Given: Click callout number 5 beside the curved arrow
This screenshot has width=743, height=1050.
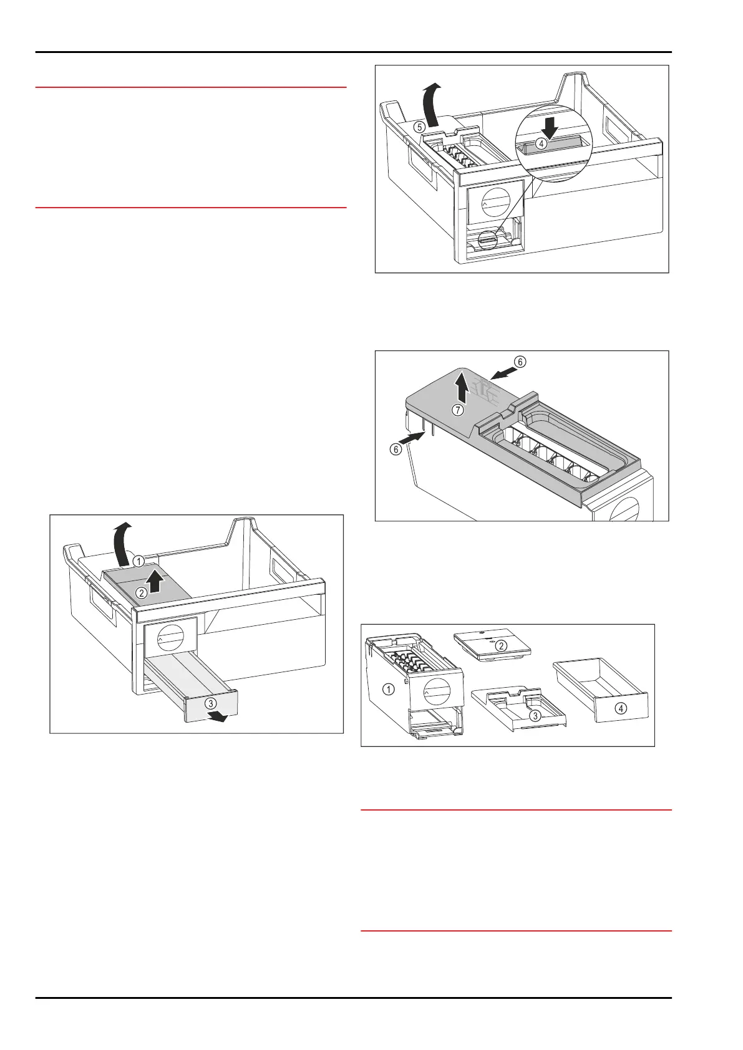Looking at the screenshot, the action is (x=420, y=126).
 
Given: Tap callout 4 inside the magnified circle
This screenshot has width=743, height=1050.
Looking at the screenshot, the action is (x=542, y=143).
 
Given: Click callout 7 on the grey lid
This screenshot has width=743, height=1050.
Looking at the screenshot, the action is (x=459, y=410).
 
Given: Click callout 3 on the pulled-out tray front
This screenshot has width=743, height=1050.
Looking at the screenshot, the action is (x=211, y=703).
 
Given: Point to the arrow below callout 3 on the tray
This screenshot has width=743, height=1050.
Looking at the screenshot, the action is (x=219, y=717).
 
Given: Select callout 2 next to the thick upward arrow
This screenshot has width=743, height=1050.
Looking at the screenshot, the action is (x=142, y=593).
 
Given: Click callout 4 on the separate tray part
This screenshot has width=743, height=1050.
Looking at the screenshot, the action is (x=621, y=708).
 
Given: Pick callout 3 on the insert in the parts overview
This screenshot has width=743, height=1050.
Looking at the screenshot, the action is (x=535, y=716).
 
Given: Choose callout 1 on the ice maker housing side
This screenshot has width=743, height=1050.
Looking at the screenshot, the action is (x=389, y=689).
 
